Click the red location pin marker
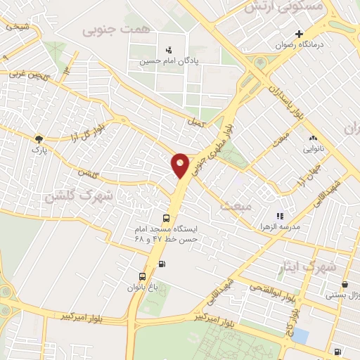coord(181,165)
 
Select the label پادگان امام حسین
coord(168,61)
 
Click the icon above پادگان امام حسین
coord(168,50)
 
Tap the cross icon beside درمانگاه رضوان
coord(299,34)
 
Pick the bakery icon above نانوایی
coord(313,139)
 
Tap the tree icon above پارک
coord(39,139)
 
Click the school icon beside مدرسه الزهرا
coord(279,217)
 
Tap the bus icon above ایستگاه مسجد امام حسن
coord(166,218)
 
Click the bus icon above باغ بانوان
coord(142,276)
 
